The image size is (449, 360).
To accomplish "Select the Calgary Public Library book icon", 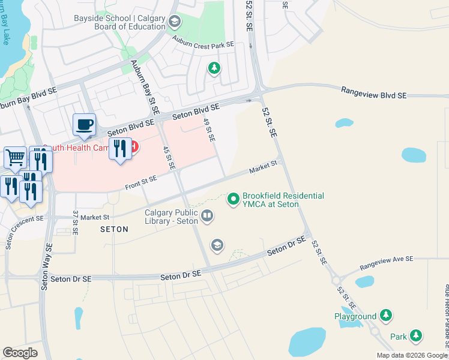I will pos(207,215).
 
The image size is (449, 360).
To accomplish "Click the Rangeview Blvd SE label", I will pos(374,92).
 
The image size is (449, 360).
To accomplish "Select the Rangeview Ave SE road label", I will pos(387,262).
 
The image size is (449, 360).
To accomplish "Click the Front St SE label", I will pos(141,182).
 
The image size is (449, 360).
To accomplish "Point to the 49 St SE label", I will pos(209,130).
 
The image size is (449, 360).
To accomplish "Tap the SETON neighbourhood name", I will pos(114,229).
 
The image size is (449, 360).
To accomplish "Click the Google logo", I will pos(20,353).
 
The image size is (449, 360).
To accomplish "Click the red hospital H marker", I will pos(134,146).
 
